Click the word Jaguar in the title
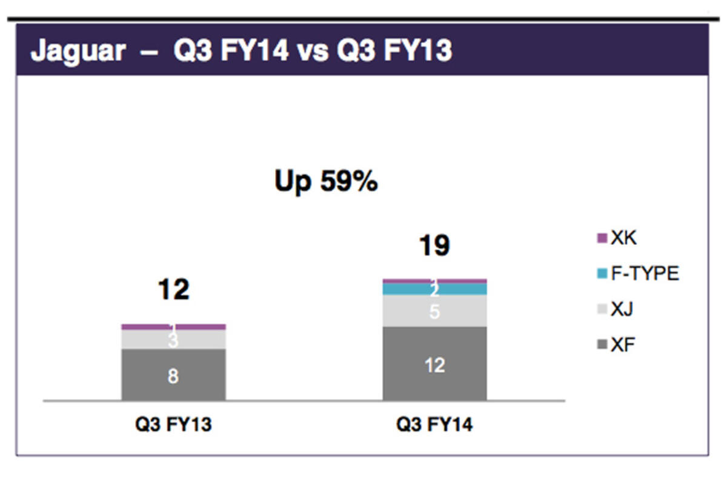point(78,51)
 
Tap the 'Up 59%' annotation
point(326,181)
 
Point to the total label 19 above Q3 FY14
point(434,246)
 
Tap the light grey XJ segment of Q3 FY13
point(145,340)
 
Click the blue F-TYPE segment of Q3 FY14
point(412,289)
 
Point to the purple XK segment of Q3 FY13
point(145,327)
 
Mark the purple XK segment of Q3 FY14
point(412,281)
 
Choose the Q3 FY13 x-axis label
point(173,424)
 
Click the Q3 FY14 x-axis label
point(434,424)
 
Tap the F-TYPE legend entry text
point(645,274)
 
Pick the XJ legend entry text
point(622,310)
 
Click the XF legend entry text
point(622,346)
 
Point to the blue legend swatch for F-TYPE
point(602,275)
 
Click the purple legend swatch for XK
point(602,239)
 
